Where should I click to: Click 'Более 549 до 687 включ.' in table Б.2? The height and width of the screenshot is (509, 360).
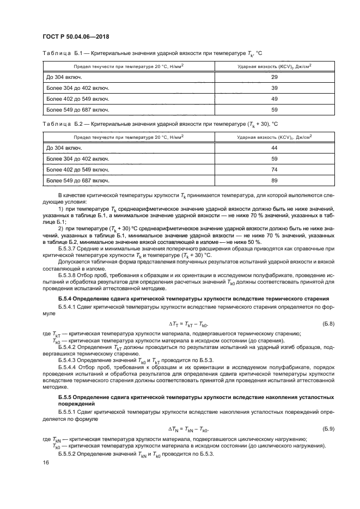[x=78, y=180]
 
